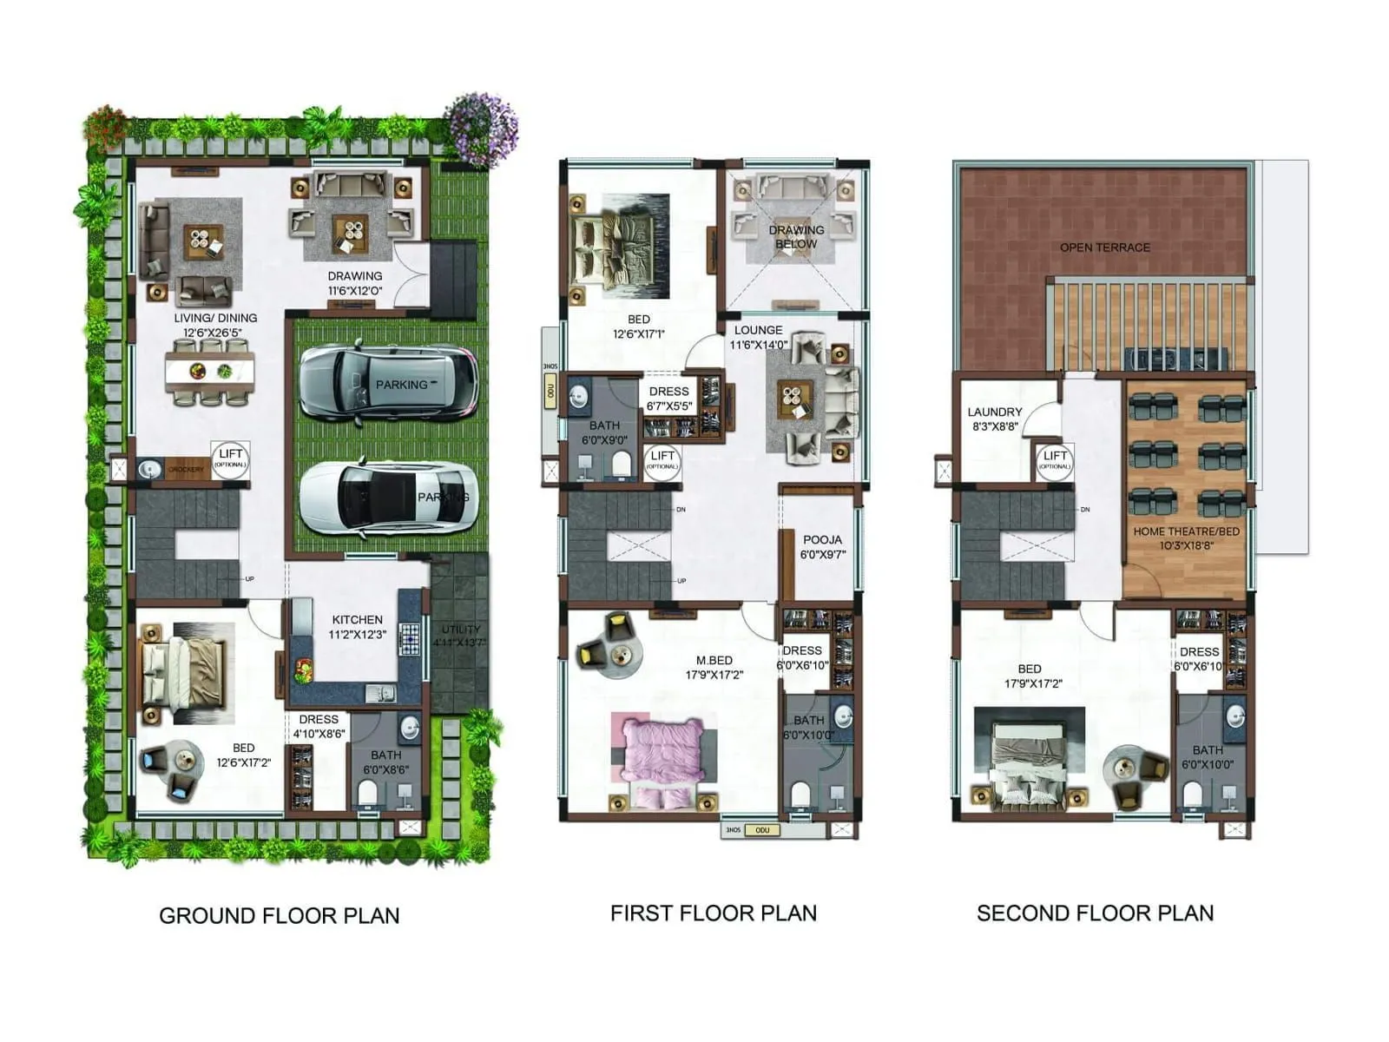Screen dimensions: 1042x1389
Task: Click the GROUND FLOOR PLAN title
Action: tap(279, 915)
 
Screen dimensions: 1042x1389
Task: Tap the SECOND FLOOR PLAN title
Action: tap(1095, 913)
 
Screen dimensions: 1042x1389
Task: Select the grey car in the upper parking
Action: tap(388, 383)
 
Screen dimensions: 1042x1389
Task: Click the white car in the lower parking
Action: tap(388, 497)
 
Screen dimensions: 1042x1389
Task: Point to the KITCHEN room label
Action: tap(357, 620)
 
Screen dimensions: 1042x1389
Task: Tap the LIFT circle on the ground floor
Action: tap(231, 458)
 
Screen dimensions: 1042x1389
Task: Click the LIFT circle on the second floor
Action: tap(1055, 459)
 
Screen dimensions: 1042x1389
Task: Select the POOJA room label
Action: tap(821, 540)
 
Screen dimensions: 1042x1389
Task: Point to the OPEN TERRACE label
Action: tap(1104, 247)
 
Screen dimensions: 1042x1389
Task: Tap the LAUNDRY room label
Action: tap(995, 412)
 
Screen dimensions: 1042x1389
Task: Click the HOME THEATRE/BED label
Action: tap(1186, 531)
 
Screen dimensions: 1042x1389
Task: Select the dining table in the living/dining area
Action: tap(210, 372)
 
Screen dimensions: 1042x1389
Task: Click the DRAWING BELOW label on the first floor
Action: tap(796, 236)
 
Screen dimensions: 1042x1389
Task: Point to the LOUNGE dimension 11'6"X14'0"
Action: tap(759, 345)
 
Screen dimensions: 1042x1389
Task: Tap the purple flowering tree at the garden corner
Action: tap(480, 127)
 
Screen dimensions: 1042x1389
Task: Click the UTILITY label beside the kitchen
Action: tap(460, 630)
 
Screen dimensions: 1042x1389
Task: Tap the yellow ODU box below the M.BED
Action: tap(762, 830)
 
